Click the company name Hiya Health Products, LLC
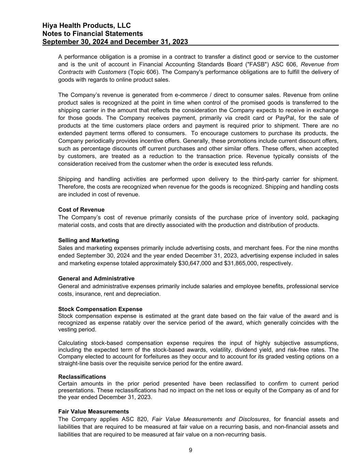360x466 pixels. tap(87, 26)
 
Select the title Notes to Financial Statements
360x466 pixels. tap(93, 33)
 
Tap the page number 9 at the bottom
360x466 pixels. tap(190, 450)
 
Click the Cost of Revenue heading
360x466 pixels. tap(81, 210)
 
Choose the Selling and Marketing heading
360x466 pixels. tap(88, 240)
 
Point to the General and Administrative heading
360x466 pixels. tap(96, 279)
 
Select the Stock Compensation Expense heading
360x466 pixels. tap(100, 309)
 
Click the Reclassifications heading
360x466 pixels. tap(82, 377)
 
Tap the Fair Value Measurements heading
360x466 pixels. tap(93, 411)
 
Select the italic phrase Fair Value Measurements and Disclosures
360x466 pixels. tap(210, 419)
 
